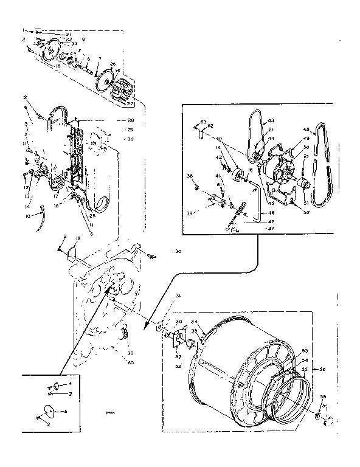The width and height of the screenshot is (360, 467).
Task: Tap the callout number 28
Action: (x=130, y=121)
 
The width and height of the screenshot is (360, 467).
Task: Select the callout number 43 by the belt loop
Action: (x=271, y=120)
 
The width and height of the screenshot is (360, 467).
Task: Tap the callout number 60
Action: (x=130, y=363)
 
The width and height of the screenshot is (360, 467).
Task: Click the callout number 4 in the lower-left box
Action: (x=70, y=384)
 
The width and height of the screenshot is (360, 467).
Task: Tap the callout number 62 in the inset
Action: (x=211, y=126)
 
